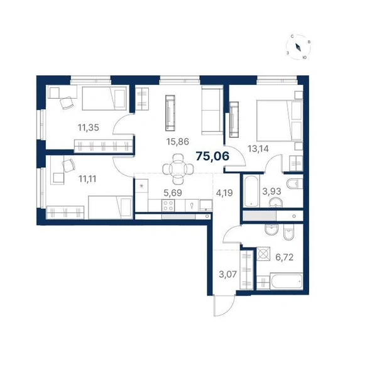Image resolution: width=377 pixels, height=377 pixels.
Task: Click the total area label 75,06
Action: click(212, 156)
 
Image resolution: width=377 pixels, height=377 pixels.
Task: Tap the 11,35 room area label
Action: click(88, 128)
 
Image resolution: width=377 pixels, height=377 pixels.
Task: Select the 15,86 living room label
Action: click(178, 141)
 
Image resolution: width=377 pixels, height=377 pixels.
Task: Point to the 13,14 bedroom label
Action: click(258, 149)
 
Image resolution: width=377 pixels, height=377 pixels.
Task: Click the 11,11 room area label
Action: click(87, 179)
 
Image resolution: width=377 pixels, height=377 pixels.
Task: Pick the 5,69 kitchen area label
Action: click(173, 193)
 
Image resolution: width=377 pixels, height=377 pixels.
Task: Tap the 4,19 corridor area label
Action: click(224, 193)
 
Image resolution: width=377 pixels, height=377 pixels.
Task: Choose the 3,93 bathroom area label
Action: click(271, 192)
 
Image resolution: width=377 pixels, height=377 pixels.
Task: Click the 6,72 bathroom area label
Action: click(285, 258)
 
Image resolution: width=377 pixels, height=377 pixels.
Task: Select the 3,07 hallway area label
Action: click(227, 274)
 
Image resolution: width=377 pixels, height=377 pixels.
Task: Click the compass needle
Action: click(298, 47)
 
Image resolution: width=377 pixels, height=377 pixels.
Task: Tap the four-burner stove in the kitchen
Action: click(168, 205)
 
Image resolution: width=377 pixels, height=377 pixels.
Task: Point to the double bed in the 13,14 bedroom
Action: click(280, 121)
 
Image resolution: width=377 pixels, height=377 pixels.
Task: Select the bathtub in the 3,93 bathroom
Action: click(251, 191)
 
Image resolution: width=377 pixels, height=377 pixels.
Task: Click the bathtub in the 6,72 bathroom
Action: click(287, 281)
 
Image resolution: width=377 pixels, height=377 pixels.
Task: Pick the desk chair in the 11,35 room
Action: click(67, 103)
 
